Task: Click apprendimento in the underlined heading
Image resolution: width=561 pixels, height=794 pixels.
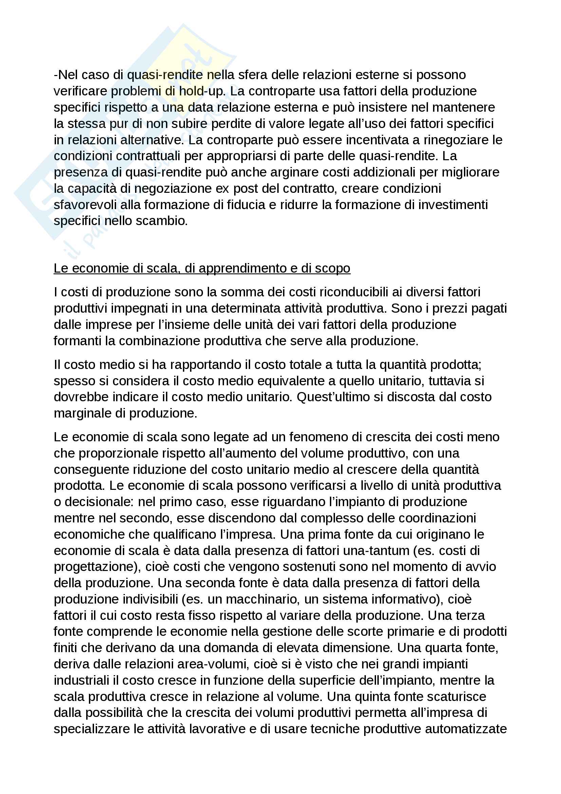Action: (x=241, y=269)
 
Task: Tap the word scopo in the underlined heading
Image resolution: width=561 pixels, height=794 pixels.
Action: (x=333, y=269)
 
